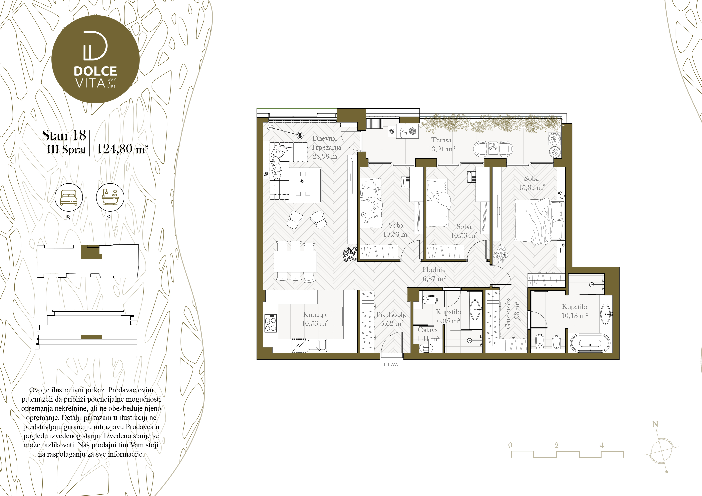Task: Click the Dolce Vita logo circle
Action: [x=95, y=59]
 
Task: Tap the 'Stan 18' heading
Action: [x=64, y=135]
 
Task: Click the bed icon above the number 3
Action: [x=68, y=197]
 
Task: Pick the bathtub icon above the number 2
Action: [x=110, y=197]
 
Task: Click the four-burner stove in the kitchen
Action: [x=271, y=323]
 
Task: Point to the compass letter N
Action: [x=655, y=424]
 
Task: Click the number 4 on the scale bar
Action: [x=602, y=445]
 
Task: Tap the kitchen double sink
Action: [x=317, y=345]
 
